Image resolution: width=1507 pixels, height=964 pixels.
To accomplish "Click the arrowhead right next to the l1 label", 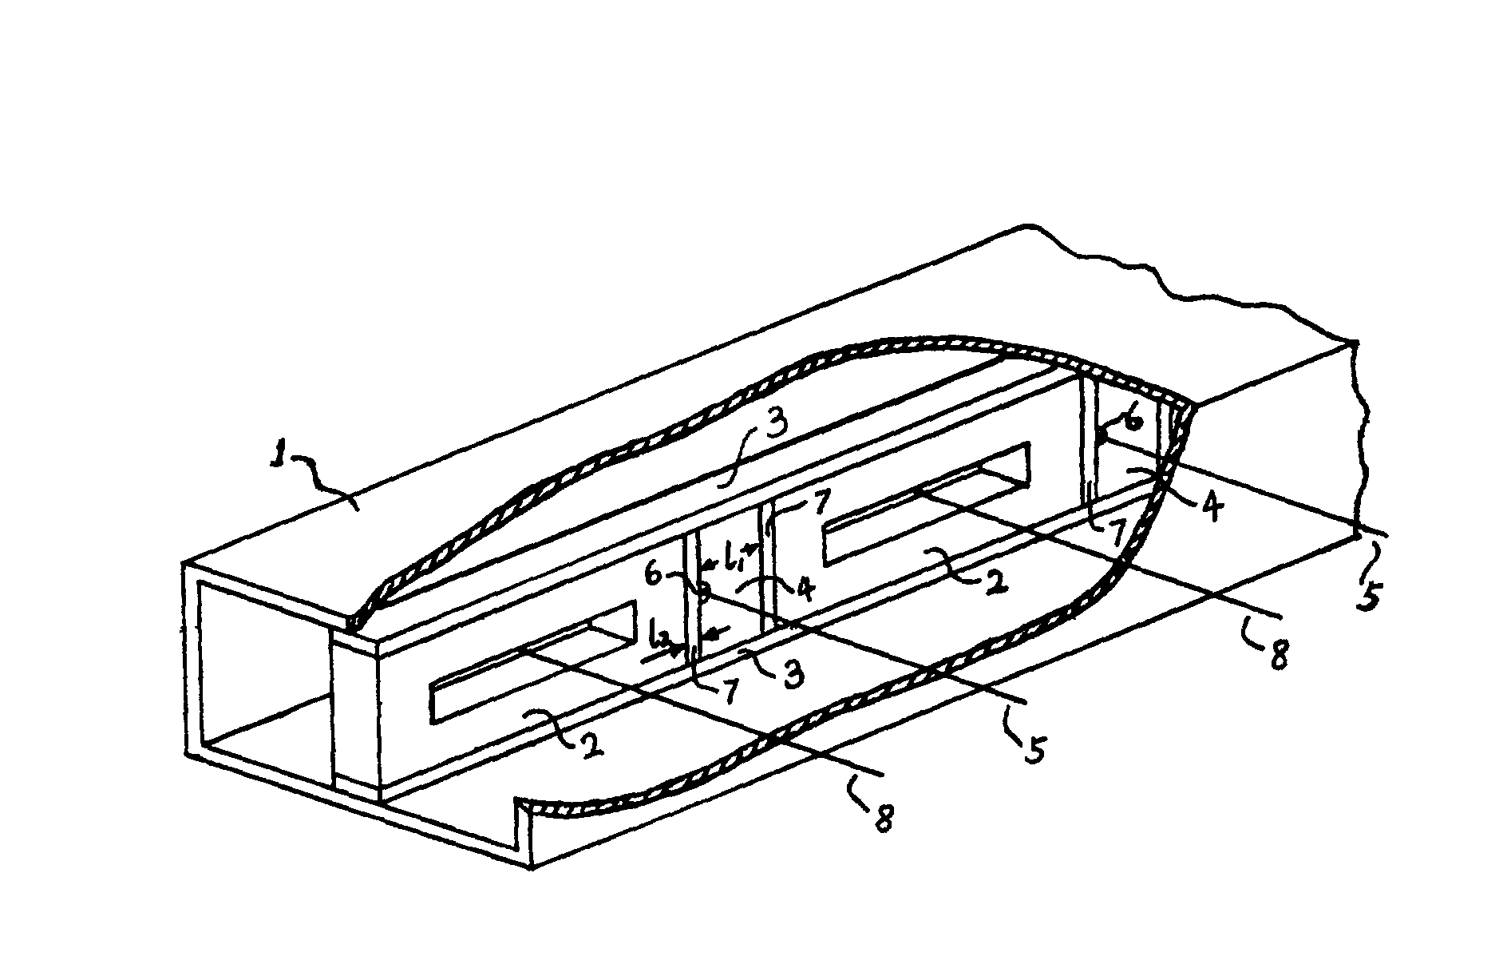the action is click(x=750, y=549).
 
